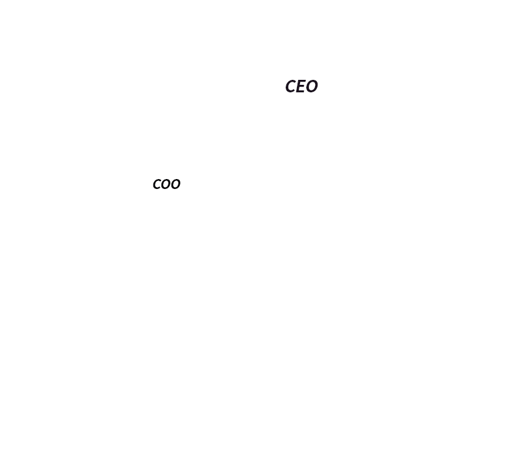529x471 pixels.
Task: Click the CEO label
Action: pyautogui.click(x=301, y=86)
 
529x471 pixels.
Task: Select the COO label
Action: pyautogui.click(x=167, y=184)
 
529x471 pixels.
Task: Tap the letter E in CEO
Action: pyautogui.click(x=301, y=86)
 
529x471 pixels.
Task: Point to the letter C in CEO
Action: pyautogui.click(x=291, y=86)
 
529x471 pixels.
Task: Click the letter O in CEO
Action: pyautogui.click(x=311, y=86)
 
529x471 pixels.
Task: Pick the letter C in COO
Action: pyautogui.click(x=157, y=184)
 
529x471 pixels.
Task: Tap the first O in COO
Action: pyautogui.click(x=167, y=184)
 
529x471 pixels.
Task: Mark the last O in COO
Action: pyautogui.click(x=176, y=184)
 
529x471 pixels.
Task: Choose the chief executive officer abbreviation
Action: pyautogui.click(x=301, y=86)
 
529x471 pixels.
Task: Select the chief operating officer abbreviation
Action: pyautogui.click(x=167, y=184)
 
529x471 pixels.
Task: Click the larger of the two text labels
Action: pyautogui.click(x=301, y=86)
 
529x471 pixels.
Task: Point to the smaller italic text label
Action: pyautogui.click(x=167, y=184)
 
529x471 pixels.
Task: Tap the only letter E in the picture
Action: pyautogui.click(x=301, y=86)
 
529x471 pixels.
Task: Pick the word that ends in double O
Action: pyautogui.click(x=167, y=184)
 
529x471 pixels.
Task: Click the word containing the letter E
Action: pyautogui.click(x=301, y=86)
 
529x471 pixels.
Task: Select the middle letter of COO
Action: pyautogui.click(x=167, y=184)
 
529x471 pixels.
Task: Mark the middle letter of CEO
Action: pyautogui.click(x=301, y=86)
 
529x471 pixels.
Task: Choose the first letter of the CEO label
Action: pyautogui.click(x=291, y=86)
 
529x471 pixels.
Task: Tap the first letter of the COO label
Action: pyautogui.click(x=157, y=184)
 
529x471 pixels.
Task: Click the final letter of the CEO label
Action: pyautogui.click(x=311, y=86)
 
